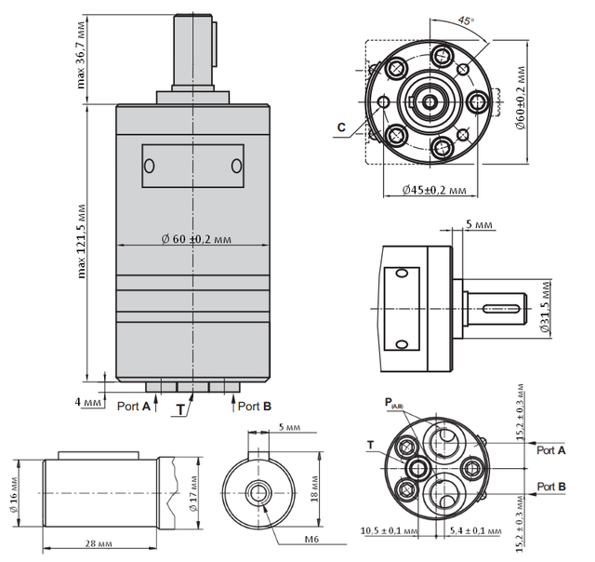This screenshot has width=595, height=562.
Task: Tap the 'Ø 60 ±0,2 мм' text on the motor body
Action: click(195, 240)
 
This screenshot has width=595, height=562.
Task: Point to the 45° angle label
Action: click(466, 20)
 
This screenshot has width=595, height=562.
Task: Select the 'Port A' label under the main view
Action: click(134, 406)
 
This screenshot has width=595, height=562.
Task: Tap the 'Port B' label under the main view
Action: click(254, 406)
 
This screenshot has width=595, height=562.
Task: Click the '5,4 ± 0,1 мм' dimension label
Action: click(470, 531)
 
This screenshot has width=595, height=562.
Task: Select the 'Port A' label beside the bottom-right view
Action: click(551, 449)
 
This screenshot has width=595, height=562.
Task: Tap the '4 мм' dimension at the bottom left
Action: click(90, 403)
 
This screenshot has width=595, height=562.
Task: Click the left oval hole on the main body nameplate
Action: click(149, 166)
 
